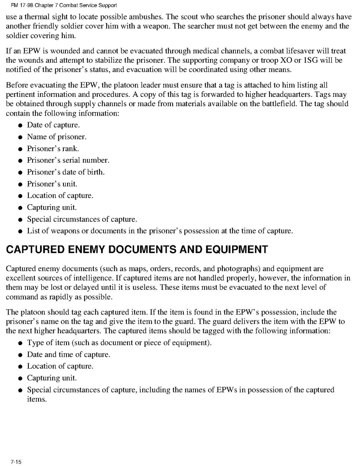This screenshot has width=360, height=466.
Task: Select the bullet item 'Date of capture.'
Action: tap(53, 125)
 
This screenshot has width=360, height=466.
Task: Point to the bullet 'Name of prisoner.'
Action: tap(56, 137)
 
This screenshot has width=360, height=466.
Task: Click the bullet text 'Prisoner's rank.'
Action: tap(52, 149)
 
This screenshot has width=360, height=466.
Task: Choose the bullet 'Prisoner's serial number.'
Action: tap(68, 160)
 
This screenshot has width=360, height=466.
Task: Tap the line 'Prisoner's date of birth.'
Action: tap(66, 172)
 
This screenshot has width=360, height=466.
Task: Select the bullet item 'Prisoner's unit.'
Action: tap(52, 184)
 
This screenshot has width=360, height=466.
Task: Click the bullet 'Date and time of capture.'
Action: tap(68, 354)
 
